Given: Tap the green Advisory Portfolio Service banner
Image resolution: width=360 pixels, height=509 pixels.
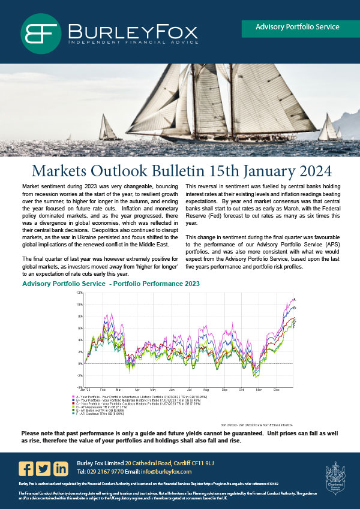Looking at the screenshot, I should [297, 28].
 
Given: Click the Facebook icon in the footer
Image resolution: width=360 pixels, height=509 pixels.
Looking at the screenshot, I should [26, 468].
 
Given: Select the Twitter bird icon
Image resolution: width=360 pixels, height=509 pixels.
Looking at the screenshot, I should [43, 468].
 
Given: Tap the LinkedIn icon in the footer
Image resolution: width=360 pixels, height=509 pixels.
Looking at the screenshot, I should [61, 468].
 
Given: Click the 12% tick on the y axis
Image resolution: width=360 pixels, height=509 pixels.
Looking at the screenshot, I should [79, 293].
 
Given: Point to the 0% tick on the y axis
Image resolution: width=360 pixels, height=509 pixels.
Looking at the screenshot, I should [79, 363].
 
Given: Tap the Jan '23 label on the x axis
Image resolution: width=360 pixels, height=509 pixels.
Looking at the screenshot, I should [86, 390].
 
